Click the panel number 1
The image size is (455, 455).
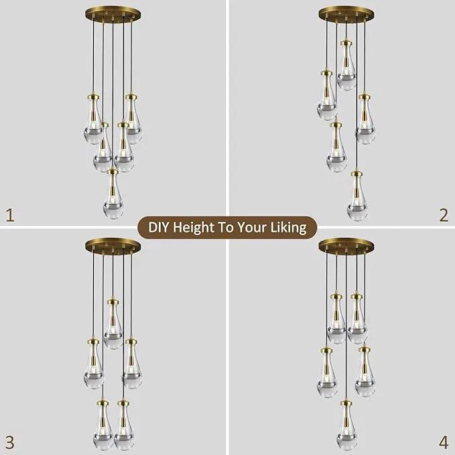click(x=10, y=215)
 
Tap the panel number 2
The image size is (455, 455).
click(x=444, y=215)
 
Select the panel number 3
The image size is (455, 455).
click(x=9, y=443)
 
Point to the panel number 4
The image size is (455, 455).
click(x=444, y=443)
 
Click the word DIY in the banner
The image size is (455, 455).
click(x=158, y=227)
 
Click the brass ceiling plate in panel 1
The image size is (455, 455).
click(x=113, y=14)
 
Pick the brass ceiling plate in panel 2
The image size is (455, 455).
click(x=346, y=14)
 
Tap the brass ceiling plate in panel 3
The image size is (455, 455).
click(x=113, y=245)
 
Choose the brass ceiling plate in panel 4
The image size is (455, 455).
click(x=346, y=245)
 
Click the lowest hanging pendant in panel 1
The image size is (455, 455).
click(x=113, y=193)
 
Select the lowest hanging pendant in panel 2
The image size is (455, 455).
click(x=358, y=196)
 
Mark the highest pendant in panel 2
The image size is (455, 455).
click(x=346, y=65)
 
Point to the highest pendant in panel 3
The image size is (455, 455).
click(x=113, y=323)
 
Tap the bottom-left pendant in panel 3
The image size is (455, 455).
click(x=103, y=426)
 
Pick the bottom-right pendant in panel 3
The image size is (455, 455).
click(x=123, y=426)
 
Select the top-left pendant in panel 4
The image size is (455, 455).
click(x=336, y=318)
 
